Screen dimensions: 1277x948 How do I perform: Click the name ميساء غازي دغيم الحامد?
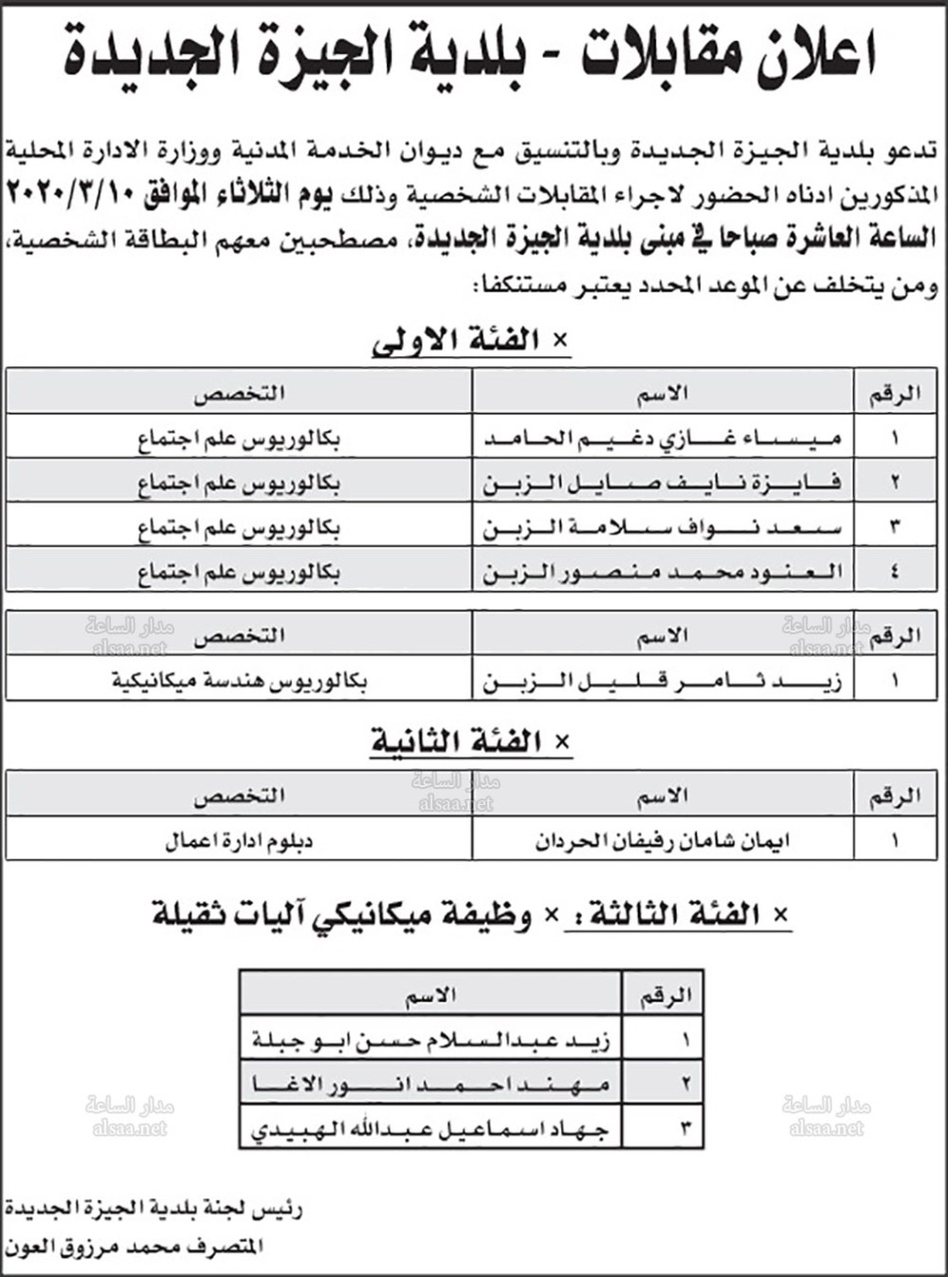[663, 438]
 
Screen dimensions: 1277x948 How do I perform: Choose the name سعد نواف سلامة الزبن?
[663, 529]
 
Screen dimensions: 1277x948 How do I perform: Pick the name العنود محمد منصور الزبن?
[663, 574]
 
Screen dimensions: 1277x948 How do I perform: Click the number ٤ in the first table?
[895, 574]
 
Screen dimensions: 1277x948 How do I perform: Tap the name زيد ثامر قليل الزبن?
[663, 683]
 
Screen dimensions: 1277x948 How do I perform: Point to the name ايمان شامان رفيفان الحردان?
[663, 839]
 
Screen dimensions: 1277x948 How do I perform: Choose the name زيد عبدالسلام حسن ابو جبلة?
[433, 1038]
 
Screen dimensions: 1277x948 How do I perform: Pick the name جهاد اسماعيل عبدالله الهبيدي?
[433, 1130]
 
